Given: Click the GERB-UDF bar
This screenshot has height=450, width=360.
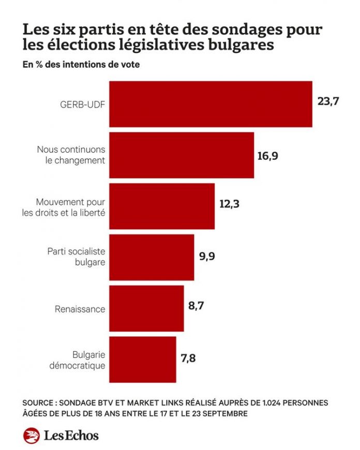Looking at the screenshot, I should (x=211, y=104).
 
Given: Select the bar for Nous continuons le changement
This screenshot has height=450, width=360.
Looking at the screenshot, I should (x=181, y=155).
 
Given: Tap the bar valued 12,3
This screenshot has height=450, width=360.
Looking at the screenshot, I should (x=161, y=206).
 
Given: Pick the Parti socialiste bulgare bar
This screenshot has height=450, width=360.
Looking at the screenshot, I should (x=152, y=257).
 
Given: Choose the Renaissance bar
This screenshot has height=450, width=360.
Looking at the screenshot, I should (x=146, y=308).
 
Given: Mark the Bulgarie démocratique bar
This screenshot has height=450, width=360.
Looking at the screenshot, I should (x=142, y=359).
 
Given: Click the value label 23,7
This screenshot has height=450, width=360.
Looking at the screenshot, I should (x=328, y=101).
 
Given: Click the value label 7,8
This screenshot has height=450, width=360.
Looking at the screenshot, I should (x=189, y=357).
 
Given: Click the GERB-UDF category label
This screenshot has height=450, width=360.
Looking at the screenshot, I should (x=82, y=104).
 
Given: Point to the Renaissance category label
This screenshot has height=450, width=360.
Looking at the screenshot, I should (x=80, y=309).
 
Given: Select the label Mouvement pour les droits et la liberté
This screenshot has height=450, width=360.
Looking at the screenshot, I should (x=70, y=206).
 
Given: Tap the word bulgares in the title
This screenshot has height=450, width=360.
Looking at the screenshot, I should (x=235, y=45).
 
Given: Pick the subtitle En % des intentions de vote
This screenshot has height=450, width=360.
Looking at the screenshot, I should (x=81, y=65).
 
